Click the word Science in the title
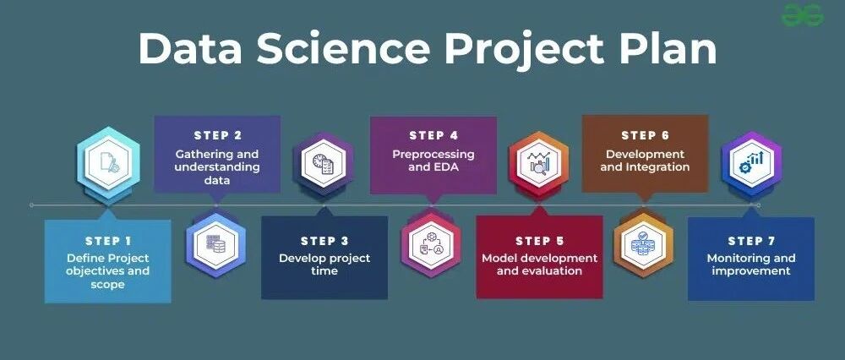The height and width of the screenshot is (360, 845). click(x=343, y=48)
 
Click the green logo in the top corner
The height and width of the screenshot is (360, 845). click(x=803, y=14)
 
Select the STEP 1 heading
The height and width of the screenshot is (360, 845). click(x=108, y=241)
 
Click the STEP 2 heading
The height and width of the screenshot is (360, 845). click(x=218, y=135)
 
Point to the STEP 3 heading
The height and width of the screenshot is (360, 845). click(x=324, y=241)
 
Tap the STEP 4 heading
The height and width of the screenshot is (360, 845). click(x=433, y=135)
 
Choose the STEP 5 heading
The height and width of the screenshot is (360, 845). click(x=539, y=241)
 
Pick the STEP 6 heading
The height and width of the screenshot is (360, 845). click(x=645, y=135)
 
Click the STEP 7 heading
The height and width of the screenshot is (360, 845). click(x=751, y=241)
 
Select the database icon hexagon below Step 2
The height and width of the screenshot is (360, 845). click(x=216, y=245)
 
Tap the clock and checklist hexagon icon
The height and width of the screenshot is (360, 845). click(x=324, y=163)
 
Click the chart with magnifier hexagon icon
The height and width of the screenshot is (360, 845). click(x=539, y=163)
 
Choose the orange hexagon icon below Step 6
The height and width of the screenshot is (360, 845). click(x=644, y=245)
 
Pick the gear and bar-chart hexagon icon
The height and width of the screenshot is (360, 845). click(x=752, y=163)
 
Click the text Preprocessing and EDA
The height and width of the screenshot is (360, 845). click(x=433, y=161)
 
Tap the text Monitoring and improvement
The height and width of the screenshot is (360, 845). click(x=751, y=265)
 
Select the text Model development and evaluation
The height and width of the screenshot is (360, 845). click(x=539, y=265)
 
